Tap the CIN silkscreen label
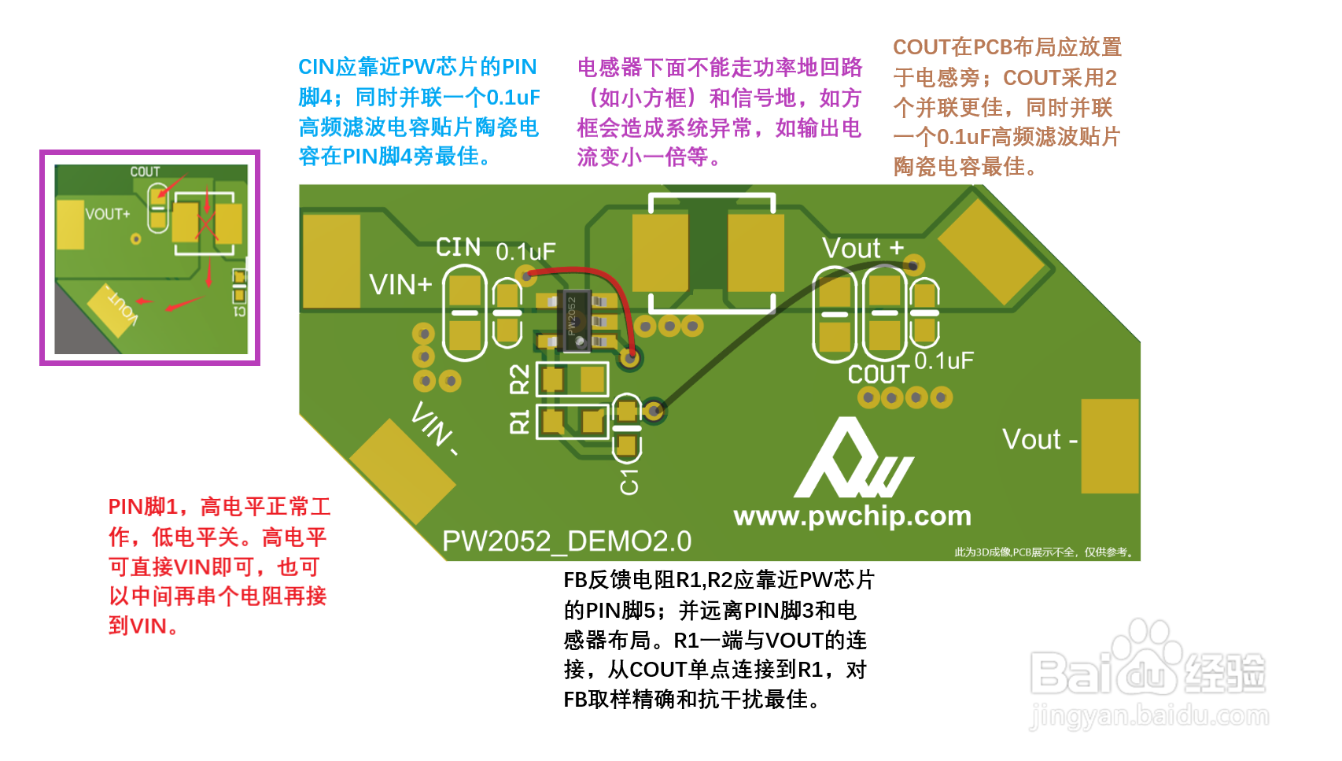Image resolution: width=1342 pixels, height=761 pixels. pos(459,247)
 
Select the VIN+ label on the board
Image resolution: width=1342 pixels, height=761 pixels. pos(400,284)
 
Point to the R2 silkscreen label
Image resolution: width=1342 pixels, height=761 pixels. pos(520,379)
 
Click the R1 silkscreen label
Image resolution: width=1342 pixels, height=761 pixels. pos(520,422)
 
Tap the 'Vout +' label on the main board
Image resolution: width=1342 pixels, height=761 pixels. pos(862,249)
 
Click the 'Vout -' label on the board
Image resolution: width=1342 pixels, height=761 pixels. pos(1038,439)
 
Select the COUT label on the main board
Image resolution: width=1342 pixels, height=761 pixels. pos(878,375)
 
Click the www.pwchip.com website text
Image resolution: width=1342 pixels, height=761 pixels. pos(852,516)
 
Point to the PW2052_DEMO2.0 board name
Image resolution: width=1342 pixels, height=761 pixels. pos(566,541)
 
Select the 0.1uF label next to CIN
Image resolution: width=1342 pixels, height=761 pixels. pos(525,252)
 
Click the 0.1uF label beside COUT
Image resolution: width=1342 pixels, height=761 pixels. pos(944,361)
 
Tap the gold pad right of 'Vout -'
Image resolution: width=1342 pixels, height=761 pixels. pos(1109,446)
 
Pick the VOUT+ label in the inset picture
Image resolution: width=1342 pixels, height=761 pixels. pos(108,214)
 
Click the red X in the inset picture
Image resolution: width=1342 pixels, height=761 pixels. pos(206,224)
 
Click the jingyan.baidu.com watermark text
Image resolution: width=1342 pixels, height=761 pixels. pos(1148,717)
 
